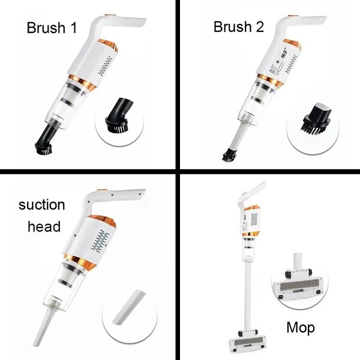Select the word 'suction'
(41, 204)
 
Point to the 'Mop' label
(300, 328)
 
